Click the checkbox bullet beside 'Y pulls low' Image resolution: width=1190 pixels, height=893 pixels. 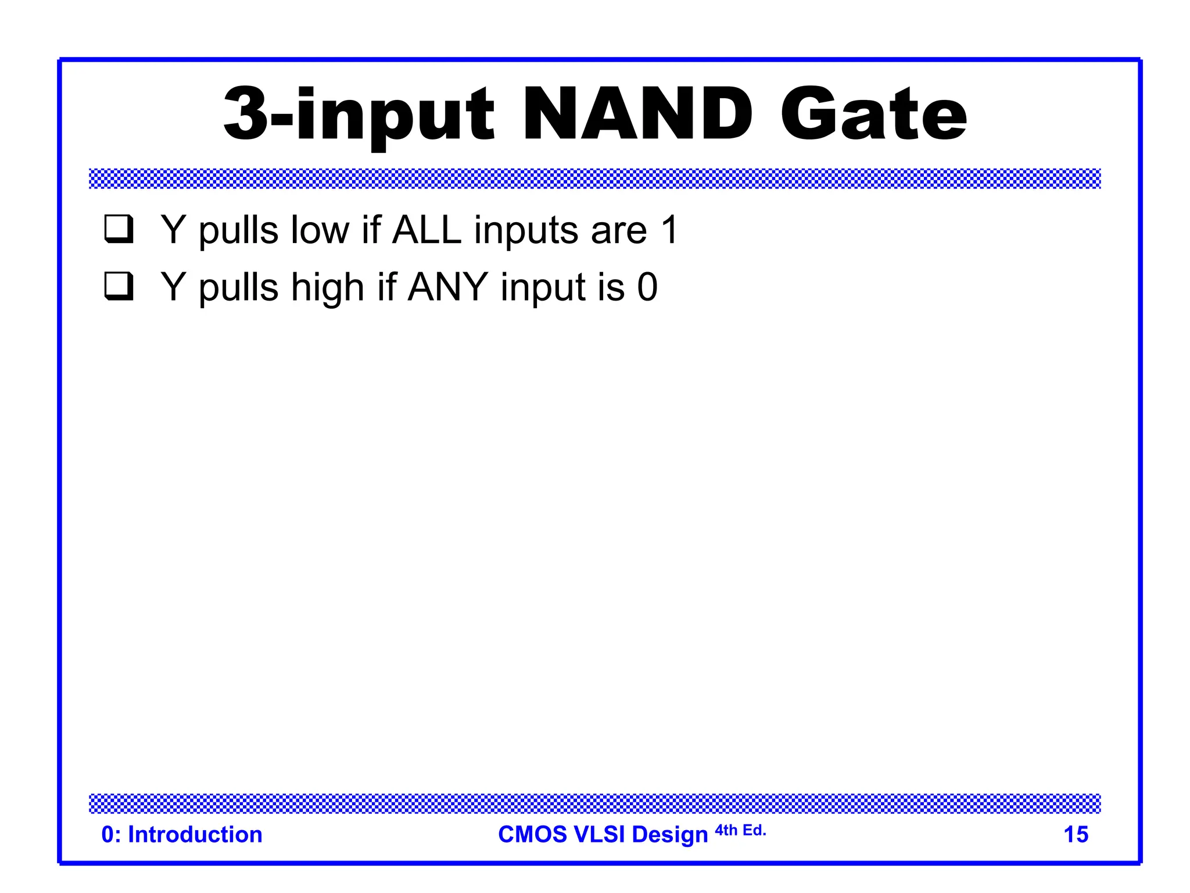coord(119,229)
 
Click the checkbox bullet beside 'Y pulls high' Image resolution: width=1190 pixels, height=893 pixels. coord(119,286)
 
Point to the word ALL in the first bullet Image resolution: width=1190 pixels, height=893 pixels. coord(427,230)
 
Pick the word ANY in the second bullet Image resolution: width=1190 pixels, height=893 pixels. coord(447,287)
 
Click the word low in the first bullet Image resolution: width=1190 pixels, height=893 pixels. coord(320,230)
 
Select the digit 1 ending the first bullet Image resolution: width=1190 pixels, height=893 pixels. coord(669,230)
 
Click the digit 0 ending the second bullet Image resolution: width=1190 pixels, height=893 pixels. coord(647,287)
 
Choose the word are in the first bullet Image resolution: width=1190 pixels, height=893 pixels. coord(619,231)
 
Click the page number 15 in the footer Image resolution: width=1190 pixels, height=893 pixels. coord(1076,834)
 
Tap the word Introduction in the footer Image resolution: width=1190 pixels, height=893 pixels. coord(195,834)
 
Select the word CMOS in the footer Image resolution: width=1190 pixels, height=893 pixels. coord(532,834)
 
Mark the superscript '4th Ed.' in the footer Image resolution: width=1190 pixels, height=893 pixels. coord(740,830)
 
